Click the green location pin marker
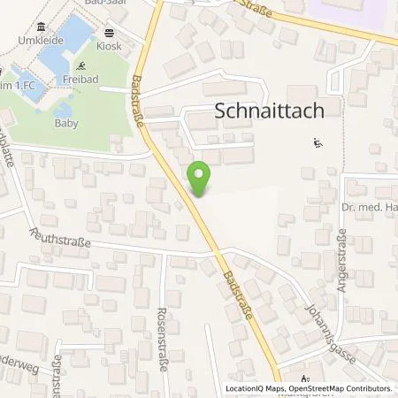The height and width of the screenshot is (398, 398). click(200, 180)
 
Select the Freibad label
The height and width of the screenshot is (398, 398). click(77, 80)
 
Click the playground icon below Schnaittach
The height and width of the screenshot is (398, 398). click(318, 142)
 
